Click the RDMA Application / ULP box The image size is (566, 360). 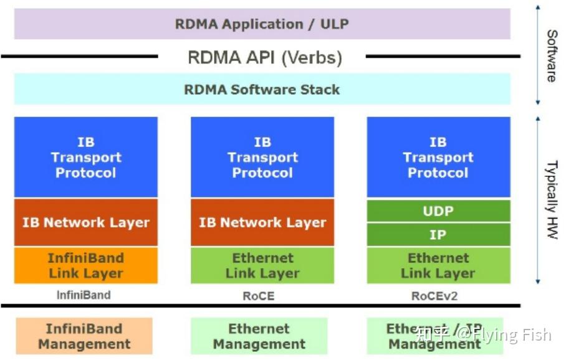pos(262,25)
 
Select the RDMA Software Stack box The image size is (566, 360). pos(262,89)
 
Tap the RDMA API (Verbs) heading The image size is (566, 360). pos(265,58)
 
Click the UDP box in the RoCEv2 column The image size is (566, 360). pos(438,211)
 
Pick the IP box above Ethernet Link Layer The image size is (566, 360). pos(438,235)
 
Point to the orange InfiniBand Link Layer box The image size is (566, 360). pos(85,265)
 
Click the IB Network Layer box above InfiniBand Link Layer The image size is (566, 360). pos(85,222)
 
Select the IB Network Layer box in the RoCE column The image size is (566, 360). pos(262,222)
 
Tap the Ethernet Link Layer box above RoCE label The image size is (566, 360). pos(262,265)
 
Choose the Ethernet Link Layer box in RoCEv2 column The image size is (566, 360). pos(438,265)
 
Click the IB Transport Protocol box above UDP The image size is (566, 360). pos(438,157)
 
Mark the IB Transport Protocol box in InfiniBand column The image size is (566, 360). pos(85,157)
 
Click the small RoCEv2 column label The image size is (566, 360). pos(434,296)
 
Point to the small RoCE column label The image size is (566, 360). pos(258,296)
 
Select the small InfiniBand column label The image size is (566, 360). pos(84,295)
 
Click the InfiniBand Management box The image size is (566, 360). pos(84,336)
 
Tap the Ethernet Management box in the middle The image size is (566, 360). pos(259,336)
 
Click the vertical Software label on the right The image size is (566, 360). pos(552,55)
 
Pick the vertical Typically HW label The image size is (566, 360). pos(552,199)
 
